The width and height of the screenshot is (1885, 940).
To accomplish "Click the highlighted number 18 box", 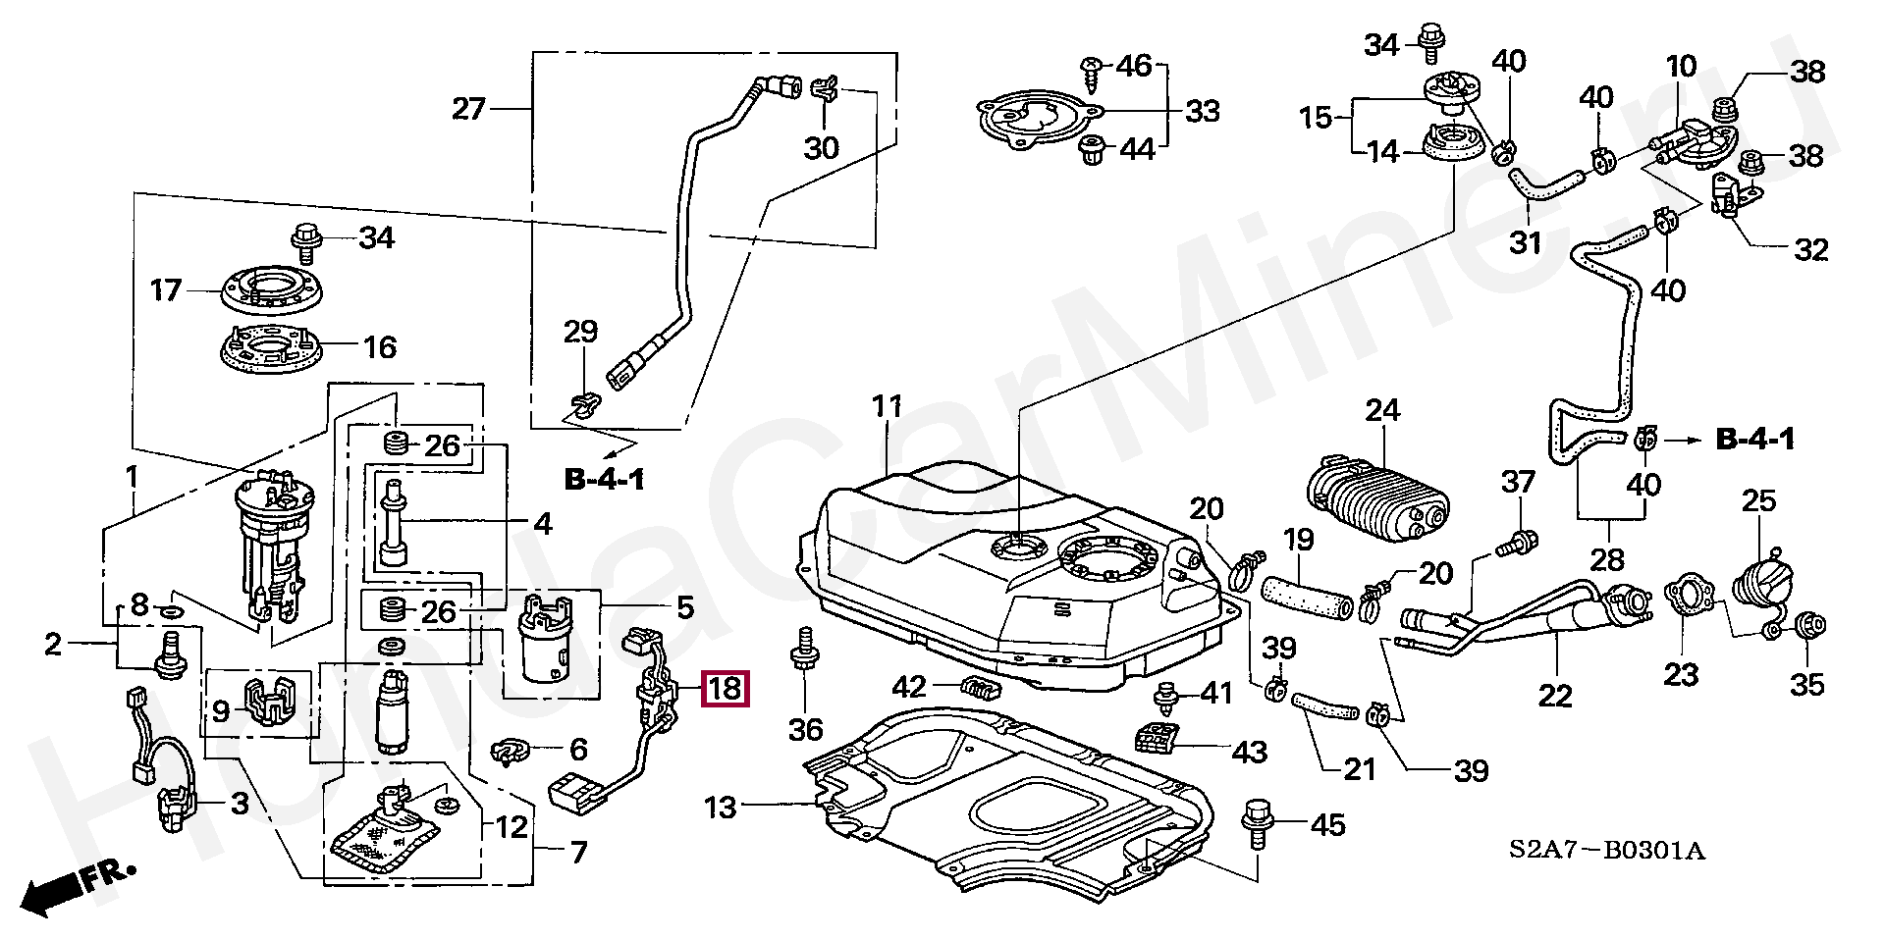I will [725, 688].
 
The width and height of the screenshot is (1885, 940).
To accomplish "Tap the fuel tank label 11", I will [887, 406].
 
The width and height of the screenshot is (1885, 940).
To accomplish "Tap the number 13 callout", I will [720, 809].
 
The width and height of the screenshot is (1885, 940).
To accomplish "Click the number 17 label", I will [166, 290].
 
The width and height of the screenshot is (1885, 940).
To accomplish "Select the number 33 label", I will [1202, 111].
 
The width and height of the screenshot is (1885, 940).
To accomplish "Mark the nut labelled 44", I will [1090, 151].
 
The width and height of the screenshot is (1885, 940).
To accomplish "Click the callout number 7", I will [577, 852].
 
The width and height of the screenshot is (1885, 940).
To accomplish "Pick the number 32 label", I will [1810, 250].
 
